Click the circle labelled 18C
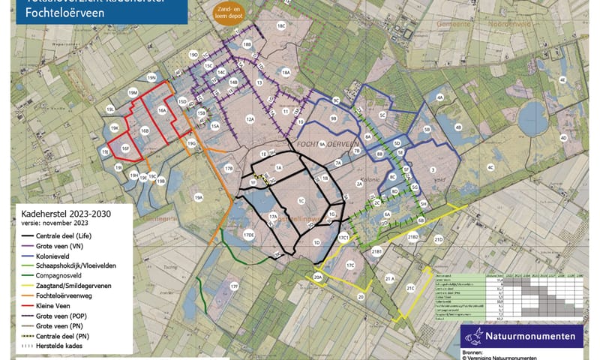pyautogui.click(x=281, y=25)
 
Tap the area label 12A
pyautogui.click(x=250, y=118)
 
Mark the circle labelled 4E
pyautogui.click(x=561, y=79)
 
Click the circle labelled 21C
pyautogui.click(x=411, y=287)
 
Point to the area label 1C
pyautogui.click(x=300, y=201)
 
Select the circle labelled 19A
pyautogui.click(x=199, y=197)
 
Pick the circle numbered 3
pyautogui.click(x=433, y=171)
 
